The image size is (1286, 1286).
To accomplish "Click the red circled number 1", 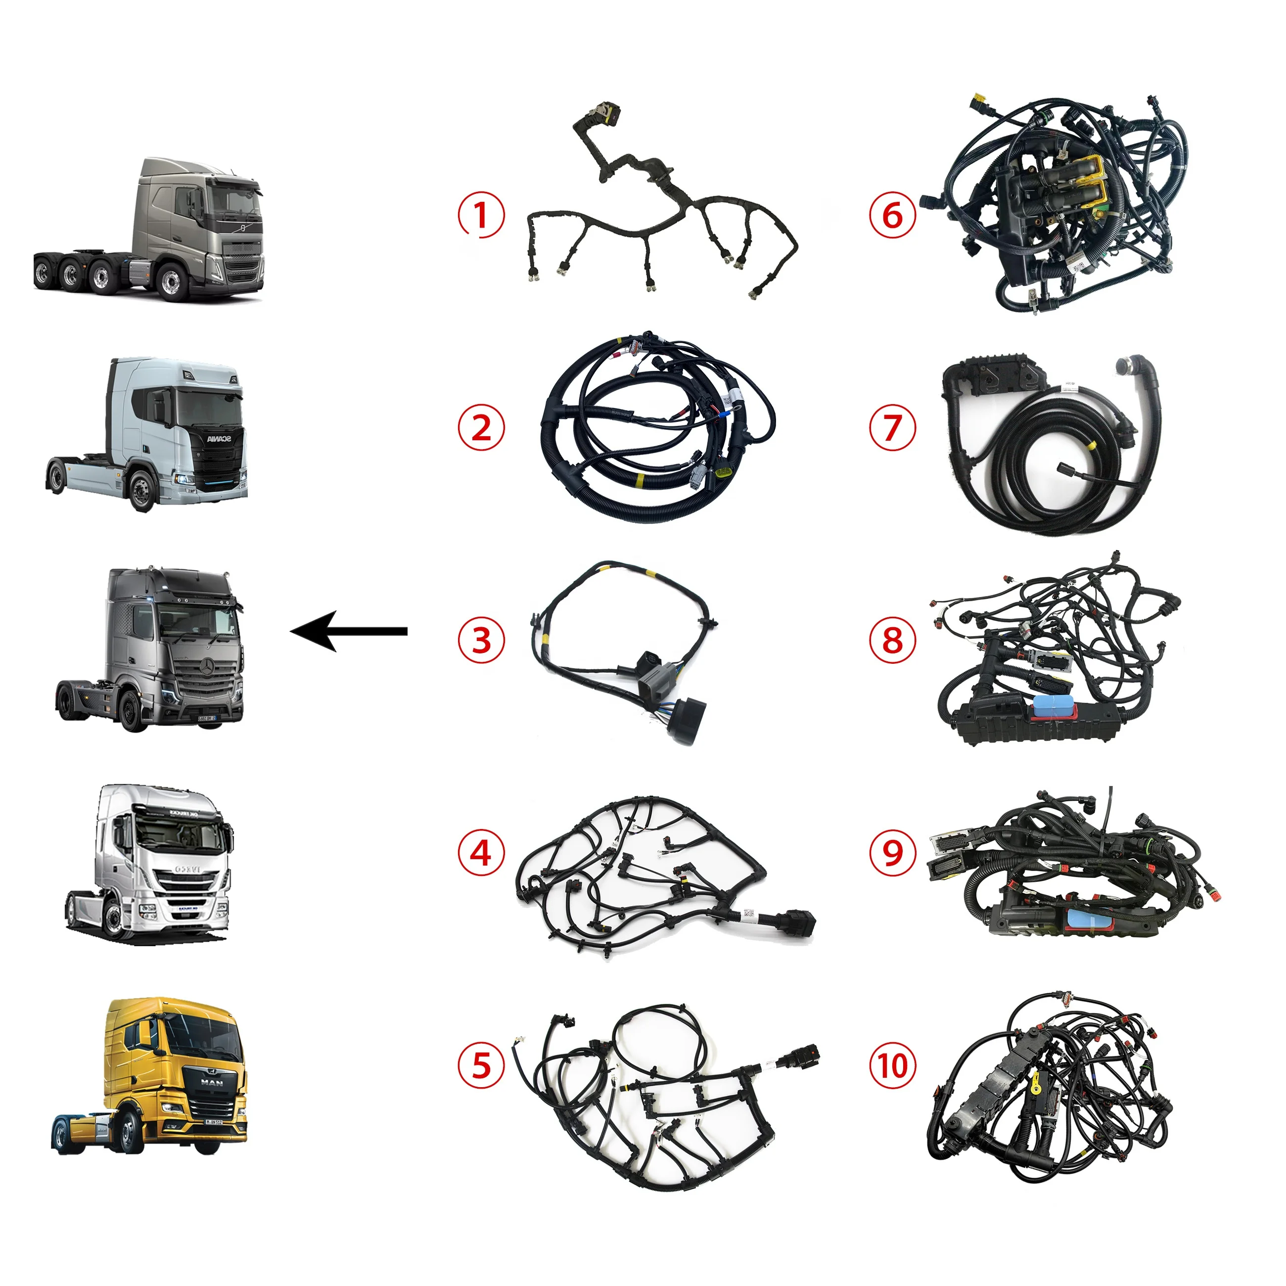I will click(481, 215).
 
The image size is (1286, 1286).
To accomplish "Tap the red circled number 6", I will click(893, 215).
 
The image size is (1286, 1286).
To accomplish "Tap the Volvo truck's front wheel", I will click(172, 283).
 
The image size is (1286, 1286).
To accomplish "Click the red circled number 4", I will click(481, 853).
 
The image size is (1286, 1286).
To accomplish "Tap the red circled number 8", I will click(893, 641).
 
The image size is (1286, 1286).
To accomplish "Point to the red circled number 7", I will click(893, 427).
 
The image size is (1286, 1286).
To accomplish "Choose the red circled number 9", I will click(893, 853).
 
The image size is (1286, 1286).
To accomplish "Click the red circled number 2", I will click(481, 427).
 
